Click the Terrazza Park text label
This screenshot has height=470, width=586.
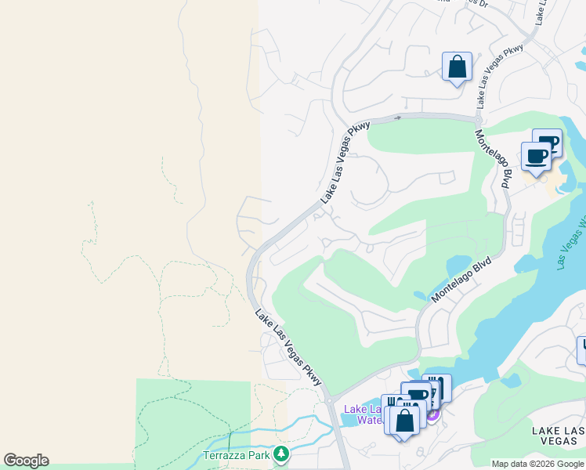pos(242,454)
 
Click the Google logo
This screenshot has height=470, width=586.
pos(26,461)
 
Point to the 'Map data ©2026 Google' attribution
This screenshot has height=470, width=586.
pos(537,464)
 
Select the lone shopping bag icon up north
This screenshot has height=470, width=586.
pos(457,67)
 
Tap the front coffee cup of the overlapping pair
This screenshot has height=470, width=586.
pos(537,156)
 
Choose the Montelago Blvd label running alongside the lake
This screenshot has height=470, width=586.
pos(461,279)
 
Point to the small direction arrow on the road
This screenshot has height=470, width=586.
pos(398,117)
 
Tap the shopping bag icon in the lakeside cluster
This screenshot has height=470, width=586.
pos(405,421)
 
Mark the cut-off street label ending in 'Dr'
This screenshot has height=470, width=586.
pos(465,3)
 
